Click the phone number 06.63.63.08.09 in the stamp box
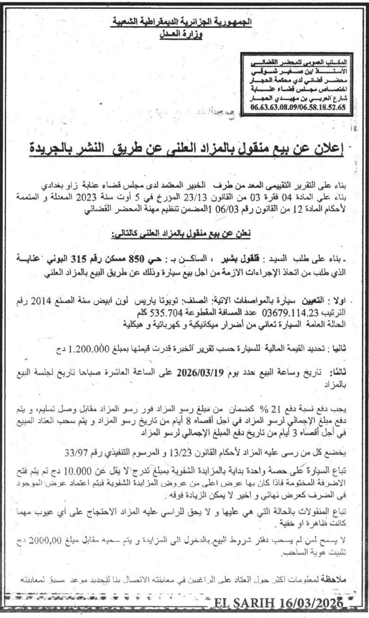point(321,108)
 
